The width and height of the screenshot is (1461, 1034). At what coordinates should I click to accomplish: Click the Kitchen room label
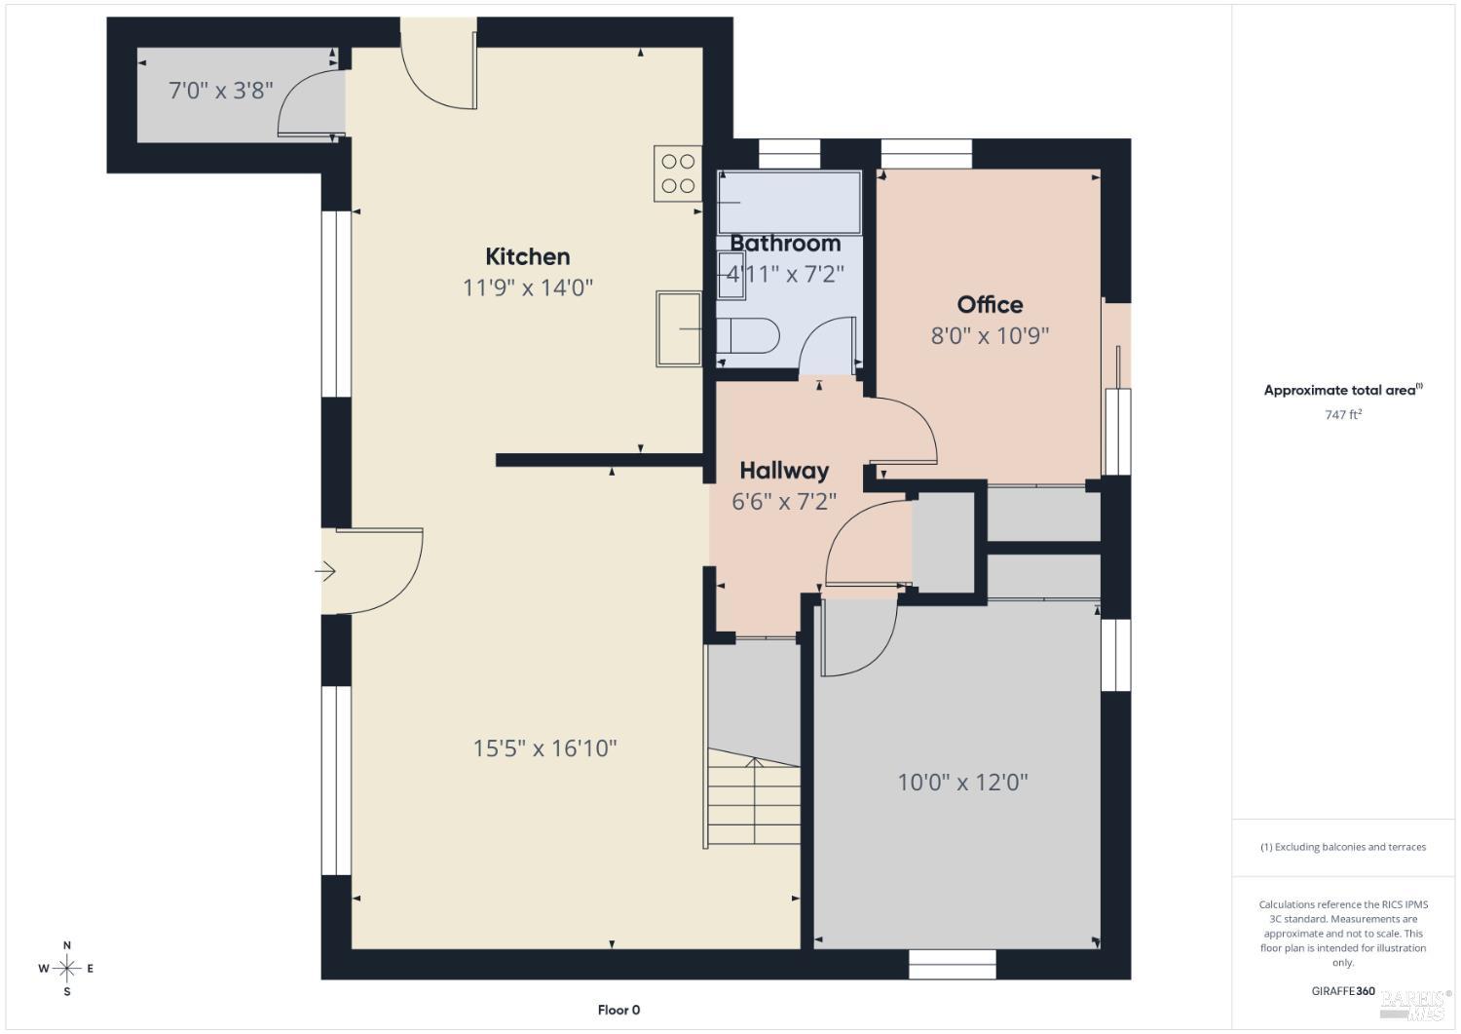coord(528,256)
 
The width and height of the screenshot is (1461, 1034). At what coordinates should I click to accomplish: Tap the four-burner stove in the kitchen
coord(678,173)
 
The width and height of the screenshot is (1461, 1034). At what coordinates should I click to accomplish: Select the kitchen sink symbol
coord(679,328)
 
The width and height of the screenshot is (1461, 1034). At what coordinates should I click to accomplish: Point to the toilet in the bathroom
coord(747,335)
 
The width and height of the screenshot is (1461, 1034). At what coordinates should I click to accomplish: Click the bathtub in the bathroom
coord(789,202)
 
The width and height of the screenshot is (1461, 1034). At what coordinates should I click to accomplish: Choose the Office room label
coord(990,305)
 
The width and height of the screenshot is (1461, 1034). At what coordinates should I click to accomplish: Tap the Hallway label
coord(784,471)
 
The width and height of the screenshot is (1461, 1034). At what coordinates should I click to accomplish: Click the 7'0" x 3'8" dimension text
coord(221,90)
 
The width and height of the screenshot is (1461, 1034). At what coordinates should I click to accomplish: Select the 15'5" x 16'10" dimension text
coord(544,747)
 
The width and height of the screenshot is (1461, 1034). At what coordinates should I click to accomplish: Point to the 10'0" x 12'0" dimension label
coord(962,782)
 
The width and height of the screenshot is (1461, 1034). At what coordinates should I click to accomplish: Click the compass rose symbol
coord(66,968)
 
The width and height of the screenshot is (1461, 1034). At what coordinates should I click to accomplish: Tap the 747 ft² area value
coord(1343,414)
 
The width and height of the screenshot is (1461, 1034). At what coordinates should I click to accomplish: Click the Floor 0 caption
coord(618,1010)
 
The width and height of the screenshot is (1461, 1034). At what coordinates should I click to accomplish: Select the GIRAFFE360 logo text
coord(1343,991)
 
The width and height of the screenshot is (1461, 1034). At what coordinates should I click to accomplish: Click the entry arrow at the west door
coord(325,572)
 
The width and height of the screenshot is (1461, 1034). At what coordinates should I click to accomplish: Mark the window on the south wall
coord(953,964)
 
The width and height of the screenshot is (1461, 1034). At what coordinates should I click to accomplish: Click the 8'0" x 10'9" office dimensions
coord(990,335)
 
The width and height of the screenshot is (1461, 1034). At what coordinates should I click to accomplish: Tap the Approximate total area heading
coord(1343,391)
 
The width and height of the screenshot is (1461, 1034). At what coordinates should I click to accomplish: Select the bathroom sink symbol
coord(731,276)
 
